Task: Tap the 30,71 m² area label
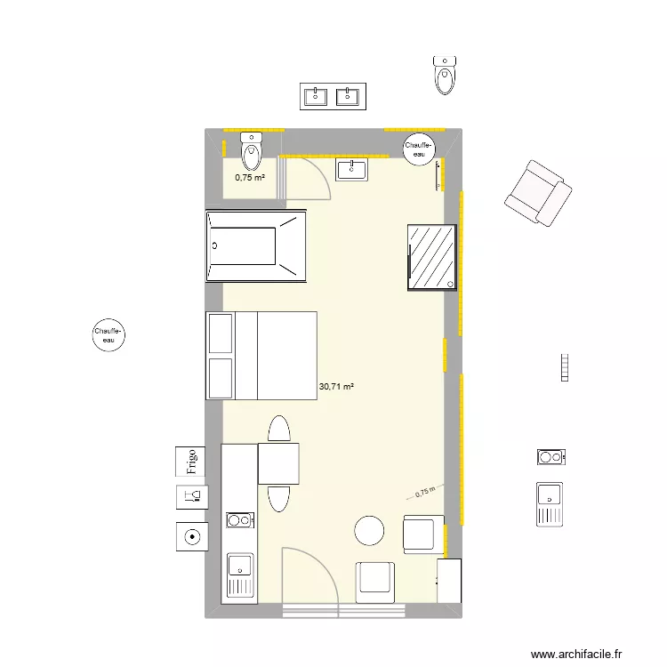point(336,387)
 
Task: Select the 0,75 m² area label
point(250,178)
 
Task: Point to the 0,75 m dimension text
point(426,491)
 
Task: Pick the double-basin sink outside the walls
point(332,96)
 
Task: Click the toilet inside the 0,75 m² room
point(252,152)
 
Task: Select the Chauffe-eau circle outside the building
point(108,335)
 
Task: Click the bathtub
point(256,245)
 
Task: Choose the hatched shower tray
point(432,257)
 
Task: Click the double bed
point(261,356)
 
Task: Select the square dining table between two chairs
point(278,463)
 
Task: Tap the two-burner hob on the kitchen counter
point(238,519)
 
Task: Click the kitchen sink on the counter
point(239,574)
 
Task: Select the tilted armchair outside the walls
point(536,193)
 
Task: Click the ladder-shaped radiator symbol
point(564,368)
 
